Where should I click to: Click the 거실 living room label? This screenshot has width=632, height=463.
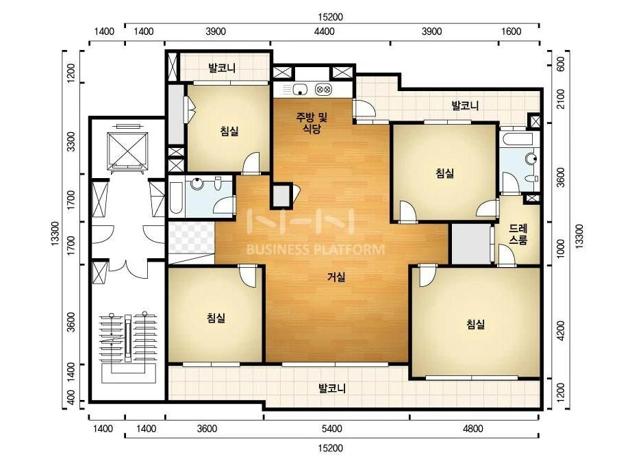(336, 277)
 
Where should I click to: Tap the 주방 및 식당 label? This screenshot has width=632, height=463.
(312, 123)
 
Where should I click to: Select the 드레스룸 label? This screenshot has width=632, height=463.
(518, 234)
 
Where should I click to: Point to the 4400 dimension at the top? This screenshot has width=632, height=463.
(325, 32)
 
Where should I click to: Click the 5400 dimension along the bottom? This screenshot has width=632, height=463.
(331, 428)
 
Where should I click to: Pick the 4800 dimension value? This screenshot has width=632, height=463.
(472, 428)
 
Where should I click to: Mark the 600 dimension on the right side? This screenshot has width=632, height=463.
(560, 64)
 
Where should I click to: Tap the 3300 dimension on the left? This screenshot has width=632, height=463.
(71, 142)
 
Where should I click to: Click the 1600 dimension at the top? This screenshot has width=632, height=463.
(511, 32)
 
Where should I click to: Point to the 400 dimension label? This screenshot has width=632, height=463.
(71, 397)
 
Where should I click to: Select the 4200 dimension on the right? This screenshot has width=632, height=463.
(560, 331)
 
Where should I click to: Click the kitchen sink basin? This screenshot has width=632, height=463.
(301, 89)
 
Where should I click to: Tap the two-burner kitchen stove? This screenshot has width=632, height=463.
(323, 89)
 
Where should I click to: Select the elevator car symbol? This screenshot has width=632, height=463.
(127, 150)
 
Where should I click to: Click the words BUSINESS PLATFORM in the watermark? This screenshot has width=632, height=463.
(316, 249)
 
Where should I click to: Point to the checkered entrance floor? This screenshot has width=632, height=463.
(191, 238)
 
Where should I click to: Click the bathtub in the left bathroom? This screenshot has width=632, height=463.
(176, 199)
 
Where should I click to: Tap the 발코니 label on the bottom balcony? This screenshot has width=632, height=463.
(332, 389)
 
